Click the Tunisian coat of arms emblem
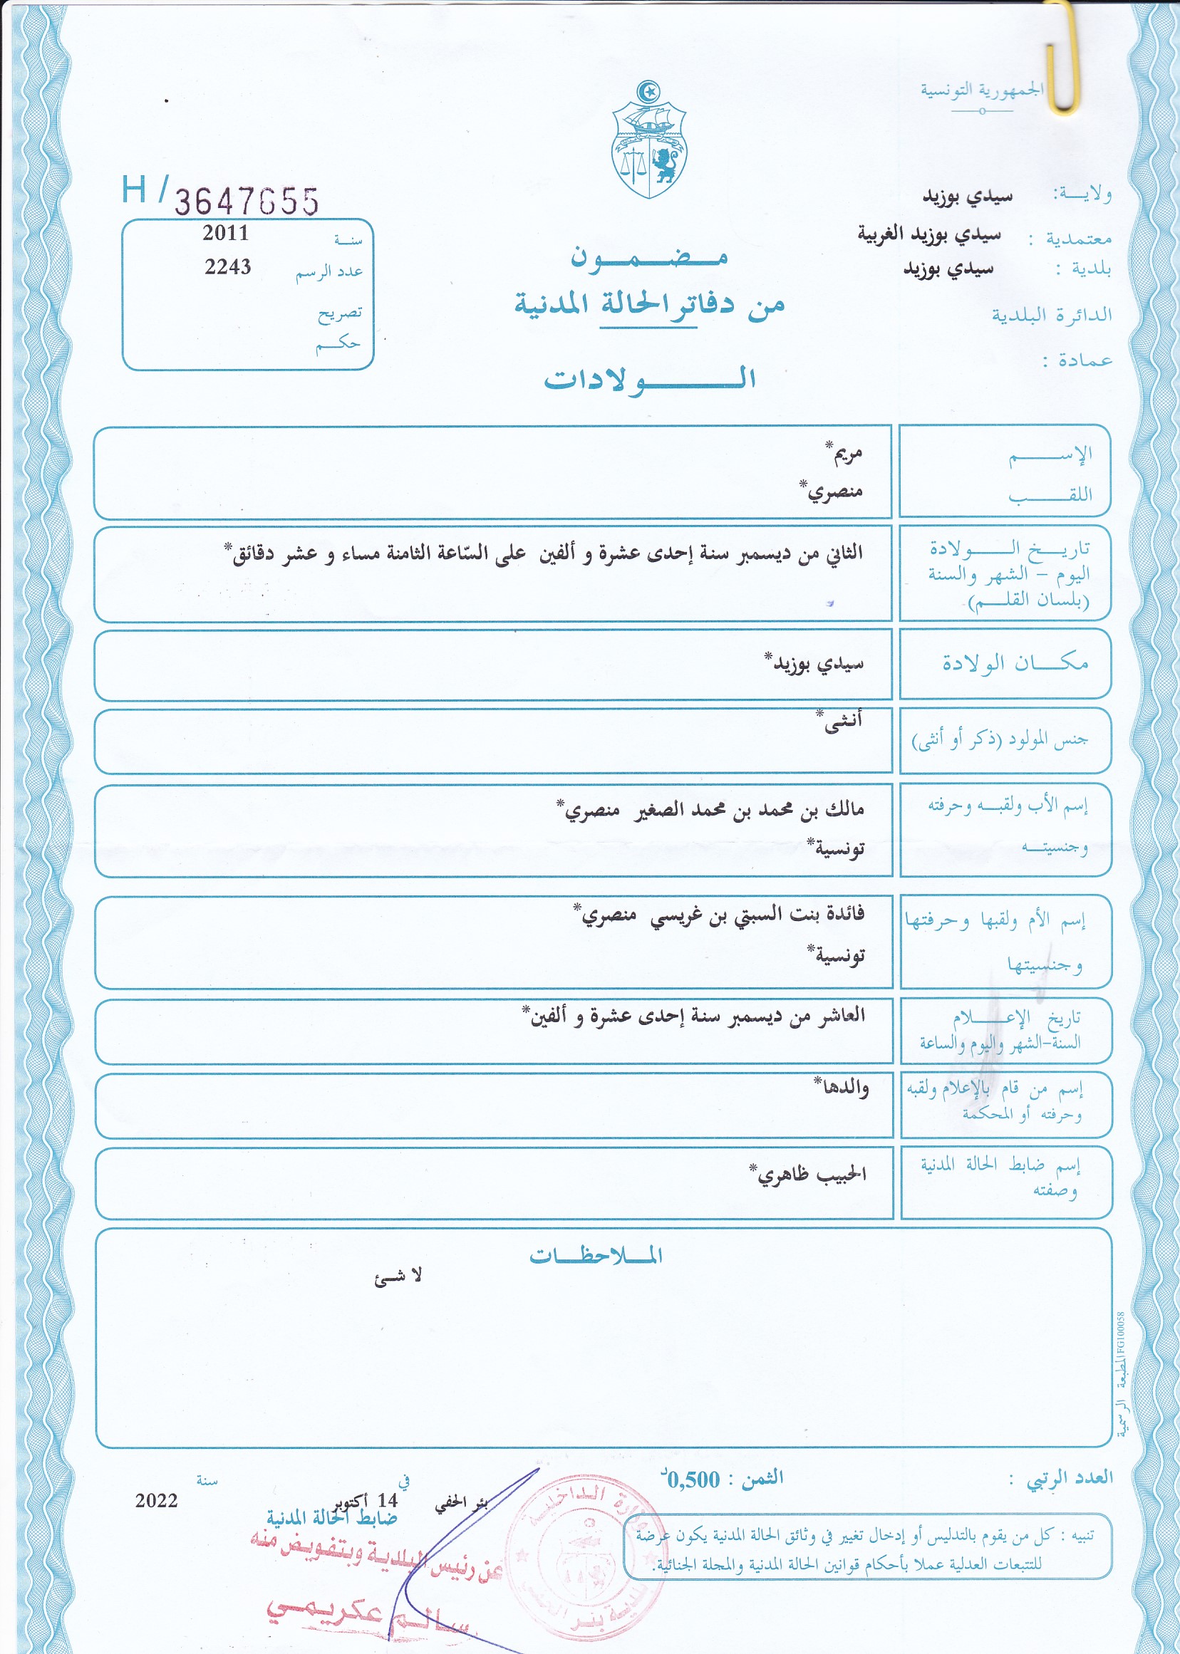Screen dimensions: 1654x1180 (x=649, y=142)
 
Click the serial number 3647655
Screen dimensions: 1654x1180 (x=247, y=202)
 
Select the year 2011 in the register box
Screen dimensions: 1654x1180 (x=225, y=233)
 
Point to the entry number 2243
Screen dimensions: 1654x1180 (x=227, y=267)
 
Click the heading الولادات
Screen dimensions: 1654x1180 (x=650, y=378)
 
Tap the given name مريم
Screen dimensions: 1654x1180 (x=846, y=454)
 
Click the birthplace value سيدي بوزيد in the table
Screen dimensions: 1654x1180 (x=817, y=663)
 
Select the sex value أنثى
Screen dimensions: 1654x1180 (x=842, y=722)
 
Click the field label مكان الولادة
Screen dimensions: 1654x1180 (x=1015, y=662)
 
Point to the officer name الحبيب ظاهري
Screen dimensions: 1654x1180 (x=811, y=1174)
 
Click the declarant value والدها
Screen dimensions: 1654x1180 (x=843, y=1088)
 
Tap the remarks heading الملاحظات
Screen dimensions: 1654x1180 (x=596, y=1255)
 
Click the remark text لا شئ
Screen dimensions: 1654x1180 (x=398, y=1276)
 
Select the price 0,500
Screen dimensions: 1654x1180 (x=694, y=1479)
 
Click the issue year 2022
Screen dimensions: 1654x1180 (x=156, y=1500)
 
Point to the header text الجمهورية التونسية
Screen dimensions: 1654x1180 (x=982, y=90)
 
